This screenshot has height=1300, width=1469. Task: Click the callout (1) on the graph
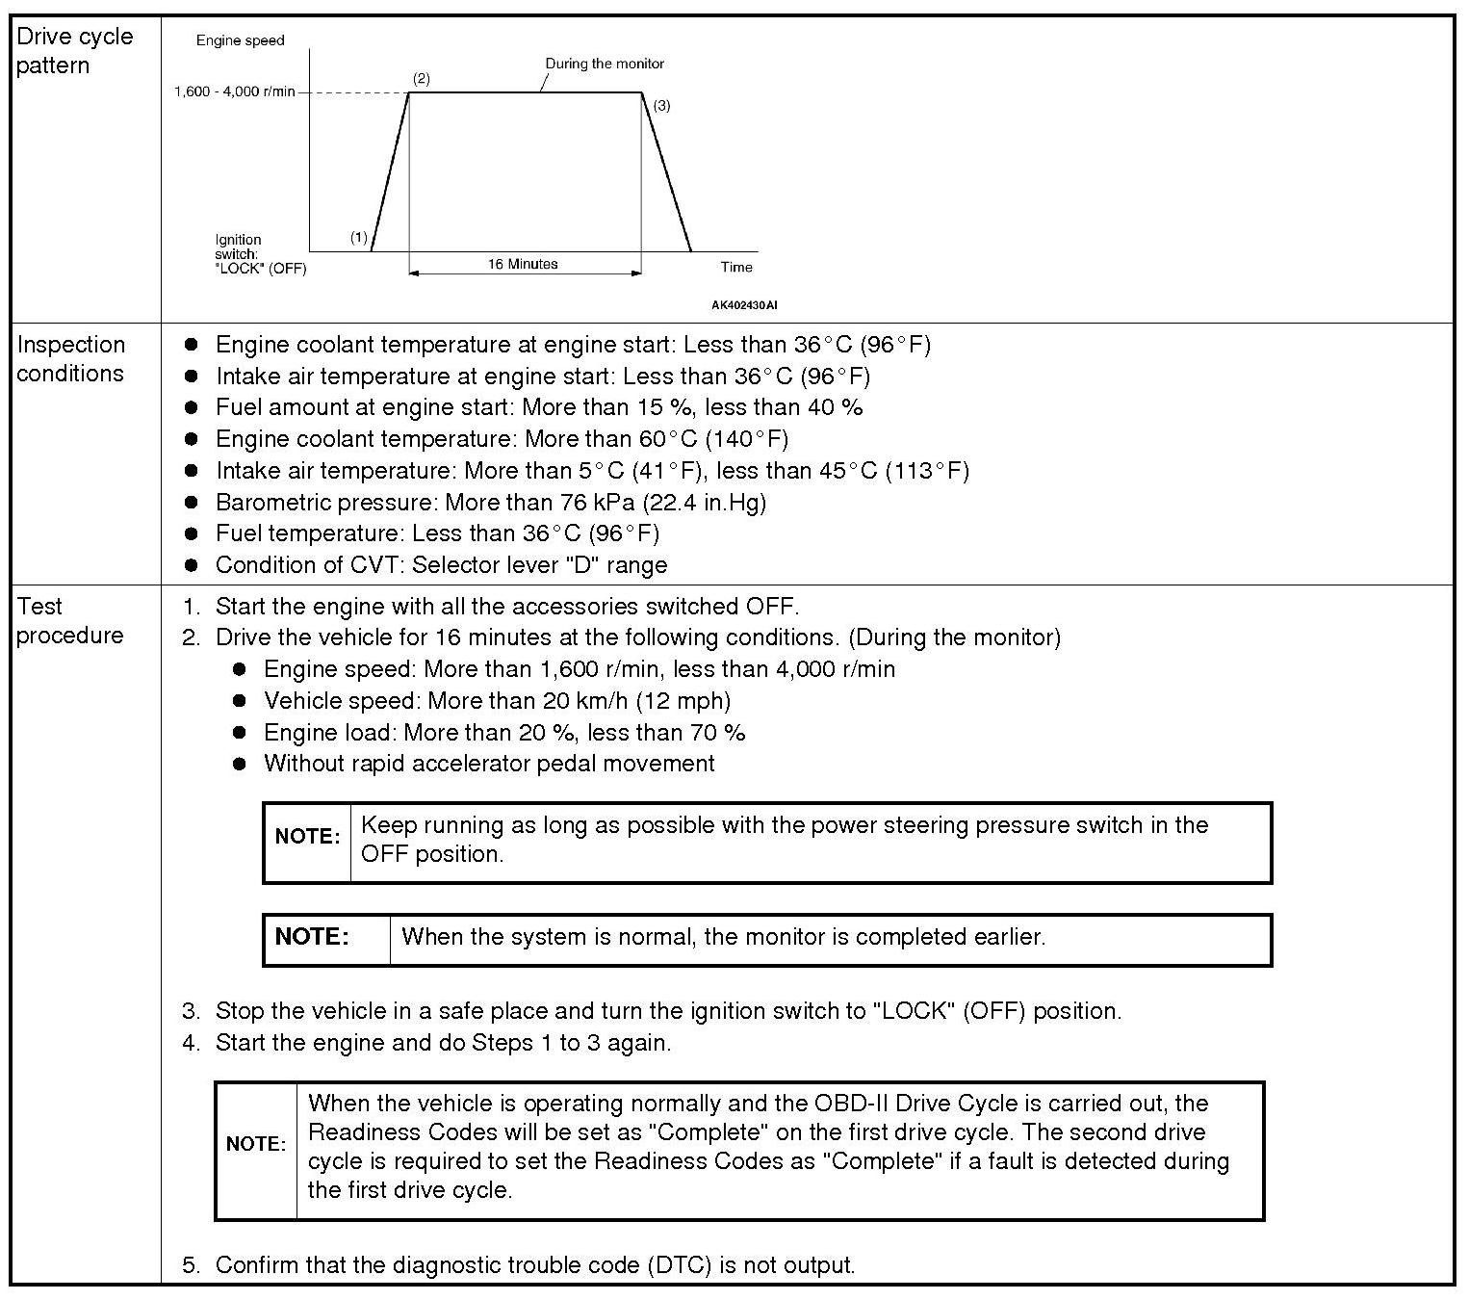358,237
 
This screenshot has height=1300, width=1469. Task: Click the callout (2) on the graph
421,79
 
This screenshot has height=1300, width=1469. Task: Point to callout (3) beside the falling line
661,106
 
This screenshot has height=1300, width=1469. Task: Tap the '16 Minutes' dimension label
523,264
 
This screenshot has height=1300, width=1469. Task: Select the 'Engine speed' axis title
240,40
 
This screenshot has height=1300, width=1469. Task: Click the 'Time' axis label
736,267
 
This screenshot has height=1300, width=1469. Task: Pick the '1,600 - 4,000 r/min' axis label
234,92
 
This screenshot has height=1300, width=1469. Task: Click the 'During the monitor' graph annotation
605,64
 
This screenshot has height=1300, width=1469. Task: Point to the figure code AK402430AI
744,305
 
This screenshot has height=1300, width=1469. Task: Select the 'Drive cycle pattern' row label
74,51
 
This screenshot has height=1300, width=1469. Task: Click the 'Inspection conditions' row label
70,359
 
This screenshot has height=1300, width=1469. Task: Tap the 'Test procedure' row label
69,621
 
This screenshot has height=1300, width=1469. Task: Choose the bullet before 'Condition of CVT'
192,565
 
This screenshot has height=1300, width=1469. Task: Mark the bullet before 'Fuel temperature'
192,533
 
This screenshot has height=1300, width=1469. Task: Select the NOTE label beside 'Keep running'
307,837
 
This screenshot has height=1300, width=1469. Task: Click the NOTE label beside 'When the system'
312,937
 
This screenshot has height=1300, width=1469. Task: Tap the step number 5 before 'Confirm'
191,1265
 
